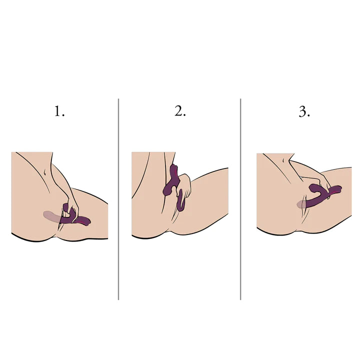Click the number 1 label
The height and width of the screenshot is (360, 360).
click(59, 111)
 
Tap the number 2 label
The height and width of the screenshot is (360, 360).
click(180, 111)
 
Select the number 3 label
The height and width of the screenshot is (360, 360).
click(304, 112)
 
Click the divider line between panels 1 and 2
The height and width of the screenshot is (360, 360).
click(118, 199)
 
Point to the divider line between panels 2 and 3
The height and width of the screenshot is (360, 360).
click(240, 199)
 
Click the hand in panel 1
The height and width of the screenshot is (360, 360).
click(72, 206)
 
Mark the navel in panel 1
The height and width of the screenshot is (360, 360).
click(45, 172)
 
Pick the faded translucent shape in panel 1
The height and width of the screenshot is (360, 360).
click(52, 216)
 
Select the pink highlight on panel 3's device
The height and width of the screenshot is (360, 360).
click(336, 190)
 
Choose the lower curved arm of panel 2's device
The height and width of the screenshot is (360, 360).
click(181, 200)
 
